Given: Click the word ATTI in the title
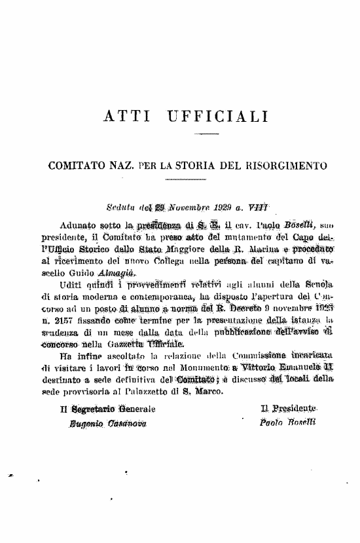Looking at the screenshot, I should click(x=124, y=117).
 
